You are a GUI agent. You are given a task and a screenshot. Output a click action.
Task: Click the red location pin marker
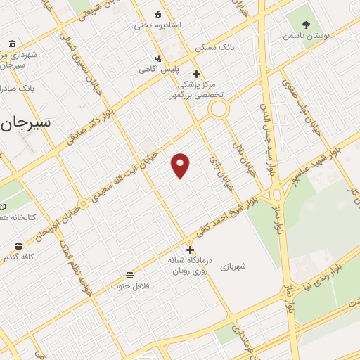181,165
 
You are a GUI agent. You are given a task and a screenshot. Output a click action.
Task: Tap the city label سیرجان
26,122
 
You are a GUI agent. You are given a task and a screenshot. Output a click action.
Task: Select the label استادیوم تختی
158,25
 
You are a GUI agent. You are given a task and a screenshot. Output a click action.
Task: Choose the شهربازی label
233,267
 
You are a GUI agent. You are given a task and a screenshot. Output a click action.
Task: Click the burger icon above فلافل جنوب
129,274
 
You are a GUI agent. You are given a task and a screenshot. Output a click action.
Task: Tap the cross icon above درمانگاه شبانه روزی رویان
189,250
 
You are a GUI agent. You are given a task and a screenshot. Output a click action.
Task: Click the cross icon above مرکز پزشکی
196,74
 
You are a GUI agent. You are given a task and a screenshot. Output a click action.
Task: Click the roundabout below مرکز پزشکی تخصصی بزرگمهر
219,109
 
